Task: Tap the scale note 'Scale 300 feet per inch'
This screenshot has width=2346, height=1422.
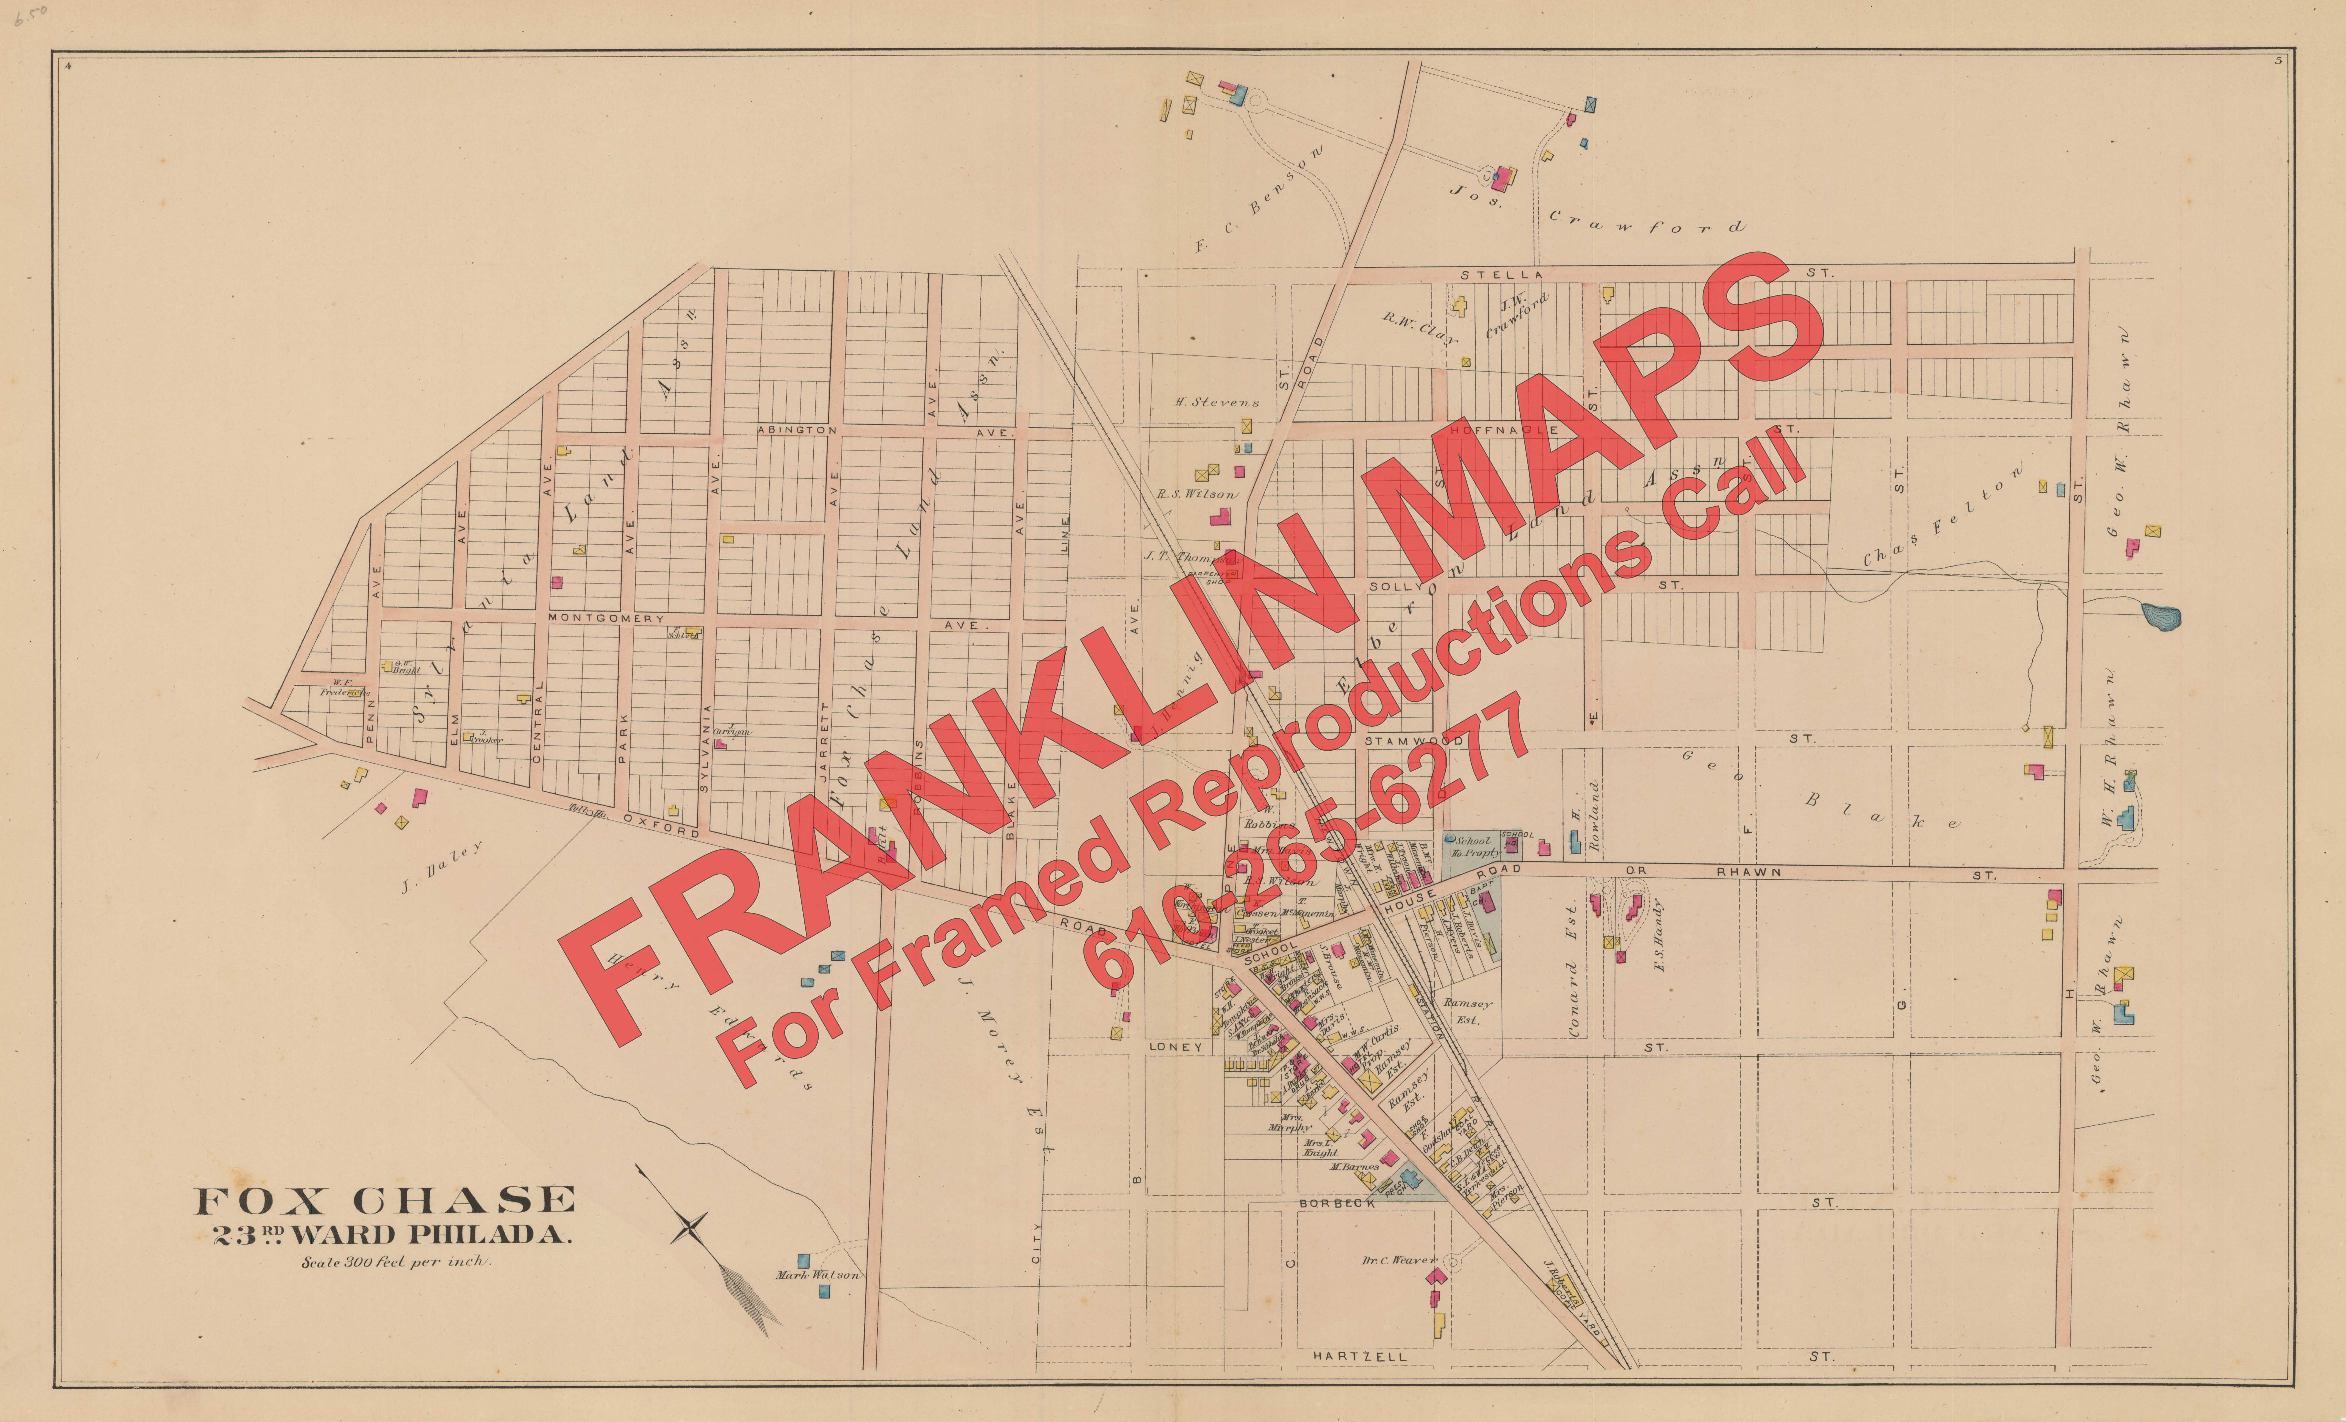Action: pyautogui.click(x=395, y=1263)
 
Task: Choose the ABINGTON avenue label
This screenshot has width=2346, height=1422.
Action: pyautogui.click(x=797, y=430)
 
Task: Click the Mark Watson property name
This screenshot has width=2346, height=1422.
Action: pyautogui.click(x=817, y=1274)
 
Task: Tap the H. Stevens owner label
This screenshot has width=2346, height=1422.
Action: pyautogui.click(x=1217, y=402)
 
